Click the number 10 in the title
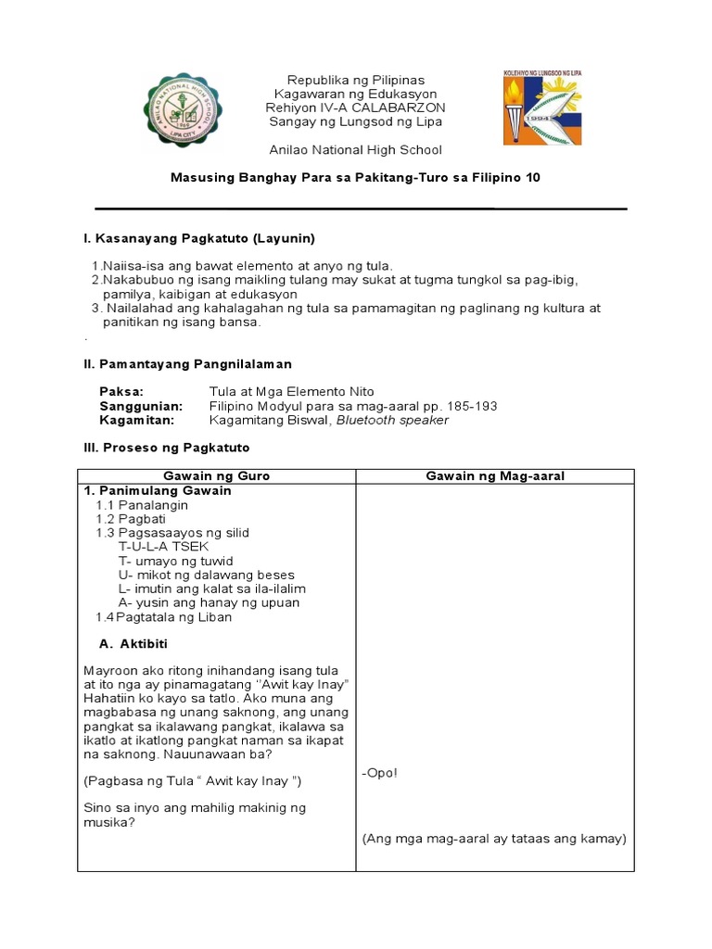pyautogui.click(x=532, y=177)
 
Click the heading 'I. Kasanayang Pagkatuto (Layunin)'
pyautogui.click(x=199, y=239)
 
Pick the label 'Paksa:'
pyautogui.click(x=121, y=392)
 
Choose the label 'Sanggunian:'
pyautogui.click(x=141, y=406)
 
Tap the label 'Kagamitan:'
pyautogui.click(x=135, y=420)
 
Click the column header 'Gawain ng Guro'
pyautogui.click(x=216, y=476)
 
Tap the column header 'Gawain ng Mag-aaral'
pyautogui.click(x=495, y=476)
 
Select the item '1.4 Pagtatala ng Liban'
pyautogui.click(x=164, y=617)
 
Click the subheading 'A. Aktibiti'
pyautogui.click(x=133, y=644)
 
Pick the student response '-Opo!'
pyautogui.click(x=380, y=773)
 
